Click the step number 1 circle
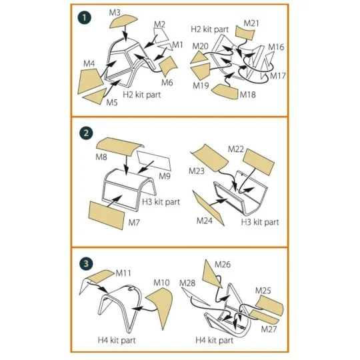tap(85, 18)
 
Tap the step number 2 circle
tap(86, 133)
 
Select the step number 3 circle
tap(86, 263)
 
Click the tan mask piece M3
tap(123, 21)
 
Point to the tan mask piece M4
tap(89, 81)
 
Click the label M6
tap(167, 83)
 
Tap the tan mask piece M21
tap(245, 33)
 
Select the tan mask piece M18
tap(225, 92)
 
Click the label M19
tap(201, 85)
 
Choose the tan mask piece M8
tap(119, 147)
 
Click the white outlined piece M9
tap(154, 160)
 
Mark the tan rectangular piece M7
tap(107, 215)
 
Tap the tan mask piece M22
tap(259, 162)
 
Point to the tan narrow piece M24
tap(207, 207)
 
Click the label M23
tap(197, 171)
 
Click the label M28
tap(187, 283)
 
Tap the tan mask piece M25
tap(270, 305)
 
